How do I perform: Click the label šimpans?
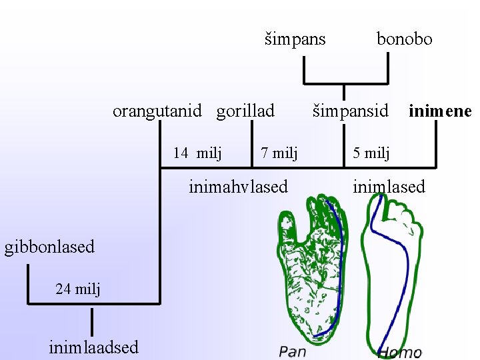coord(295,39)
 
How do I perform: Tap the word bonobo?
coord(404,39)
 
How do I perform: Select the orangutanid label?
coord(157,111)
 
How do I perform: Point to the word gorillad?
coord(245,111)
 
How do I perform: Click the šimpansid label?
coord(351,111)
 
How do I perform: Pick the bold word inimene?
coord(439,111)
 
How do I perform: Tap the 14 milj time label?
coord(197,153)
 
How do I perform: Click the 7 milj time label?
coord(279,153)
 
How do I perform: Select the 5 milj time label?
coord(371,153)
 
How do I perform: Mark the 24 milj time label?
coord(78,289)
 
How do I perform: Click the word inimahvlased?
coord(238,187)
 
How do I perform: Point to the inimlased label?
coord(389,187)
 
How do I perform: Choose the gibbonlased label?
coord(50,247)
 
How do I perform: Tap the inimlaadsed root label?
coord(94,347)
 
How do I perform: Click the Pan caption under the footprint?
coord(293,351)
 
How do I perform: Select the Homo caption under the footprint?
coord(399,352)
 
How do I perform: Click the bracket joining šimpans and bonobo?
coord(345,83)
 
